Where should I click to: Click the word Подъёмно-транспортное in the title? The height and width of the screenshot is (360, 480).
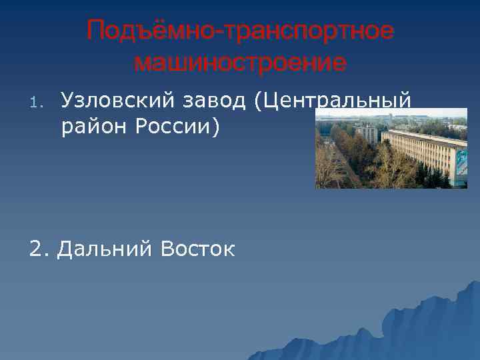240,31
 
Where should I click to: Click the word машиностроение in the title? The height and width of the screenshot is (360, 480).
240,63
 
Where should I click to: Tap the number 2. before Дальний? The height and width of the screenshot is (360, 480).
39,249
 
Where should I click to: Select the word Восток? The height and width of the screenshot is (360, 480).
197,249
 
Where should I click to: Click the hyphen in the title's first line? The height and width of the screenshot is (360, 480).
225,32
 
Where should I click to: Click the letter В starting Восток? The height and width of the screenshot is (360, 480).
167,249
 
